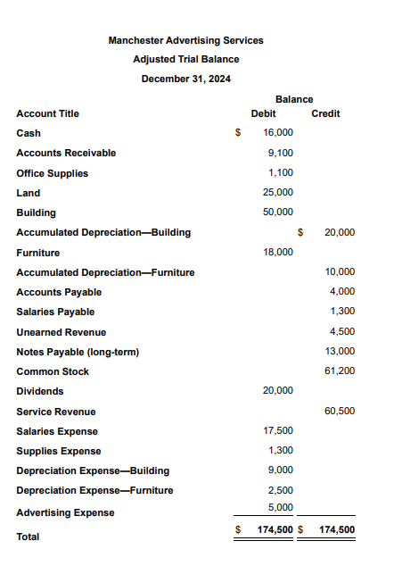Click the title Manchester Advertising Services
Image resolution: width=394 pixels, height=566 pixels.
185,40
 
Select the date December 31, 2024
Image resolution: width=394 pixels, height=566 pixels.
185,79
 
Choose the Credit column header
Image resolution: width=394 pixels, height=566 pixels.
325,113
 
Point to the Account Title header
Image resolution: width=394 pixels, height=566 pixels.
47,113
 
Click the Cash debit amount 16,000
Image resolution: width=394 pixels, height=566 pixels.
279,133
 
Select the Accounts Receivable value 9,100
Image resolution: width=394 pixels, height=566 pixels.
281,153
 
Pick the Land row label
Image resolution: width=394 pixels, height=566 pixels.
28,193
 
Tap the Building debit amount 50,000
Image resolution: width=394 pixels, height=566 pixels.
279,212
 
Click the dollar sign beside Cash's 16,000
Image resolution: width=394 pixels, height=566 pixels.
237,133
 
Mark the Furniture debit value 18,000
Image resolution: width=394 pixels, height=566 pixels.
279,253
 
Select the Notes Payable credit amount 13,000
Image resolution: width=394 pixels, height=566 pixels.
341,352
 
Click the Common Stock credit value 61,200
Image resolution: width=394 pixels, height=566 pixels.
341,371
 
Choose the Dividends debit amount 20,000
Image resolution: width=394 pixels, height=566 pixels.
279,391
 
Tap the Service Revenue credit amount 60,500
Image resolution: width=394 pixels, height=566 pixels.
341,412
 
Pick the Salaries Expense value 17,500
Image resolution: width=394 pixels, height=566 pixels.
279,431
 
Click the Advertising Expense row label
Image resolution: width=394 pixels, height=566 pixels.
65,512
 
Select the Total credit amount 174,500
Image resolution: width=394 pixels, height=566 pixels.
337,529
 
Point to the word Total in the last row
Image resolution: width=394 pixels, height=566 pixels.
29,537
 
